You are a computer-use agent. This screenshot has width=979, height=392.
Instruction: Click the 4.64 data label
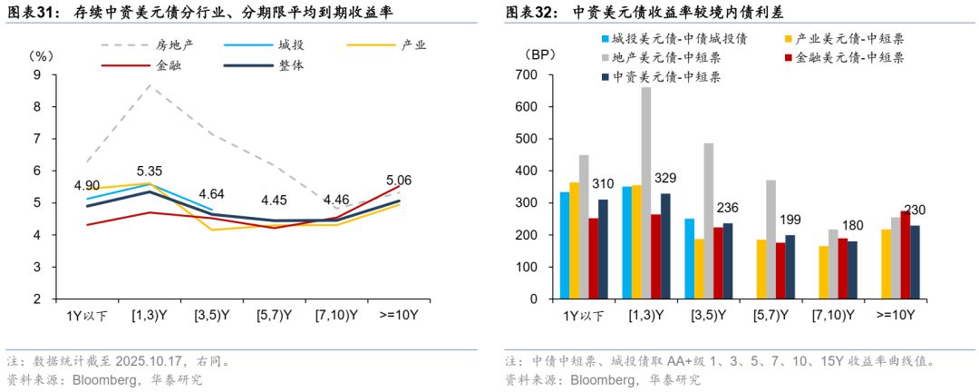(x=211, y=194)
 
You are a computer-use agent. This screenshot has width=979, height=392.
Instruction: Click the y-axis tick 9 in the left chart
(x=37, y=74)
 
